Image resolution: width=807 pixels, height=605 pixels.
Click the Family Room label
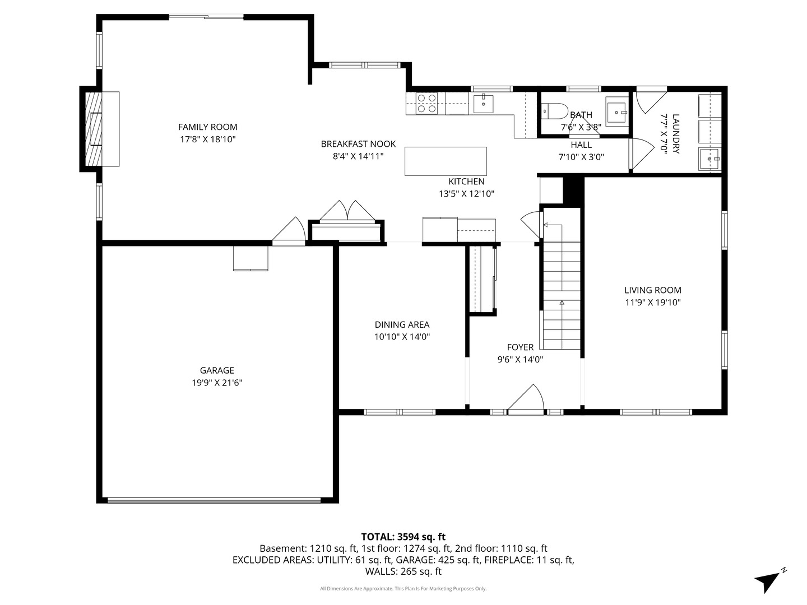[x=207, y=127]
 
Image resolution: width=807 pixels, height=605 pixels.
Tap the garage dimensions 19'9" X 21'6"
[x=217, y=383]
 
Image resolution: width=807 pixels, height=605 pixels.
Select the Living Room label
[x=653, y=290]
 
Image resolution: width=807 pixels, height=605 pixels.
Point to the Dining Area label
[x=402, y=325]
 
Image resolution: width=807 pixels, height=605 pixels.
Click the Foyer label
[x=520, y=347]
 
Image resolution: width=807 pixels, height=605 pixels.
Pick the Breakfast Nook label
[x=358, y=144]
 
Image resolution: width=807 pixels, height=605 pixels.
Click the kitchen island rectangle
[x=446, y=161]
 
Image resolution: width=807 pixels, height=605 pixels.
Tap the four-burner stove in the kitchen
[x=426, y=104]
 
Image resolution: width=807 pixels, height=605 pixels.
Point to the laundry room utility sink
[x=709, y=159]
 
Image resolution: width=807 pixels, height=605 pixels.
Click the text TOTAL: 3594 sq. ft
[x=403, y=537]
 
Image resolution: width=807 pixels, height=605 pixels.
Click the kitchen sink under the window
[x=483, y=104]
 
